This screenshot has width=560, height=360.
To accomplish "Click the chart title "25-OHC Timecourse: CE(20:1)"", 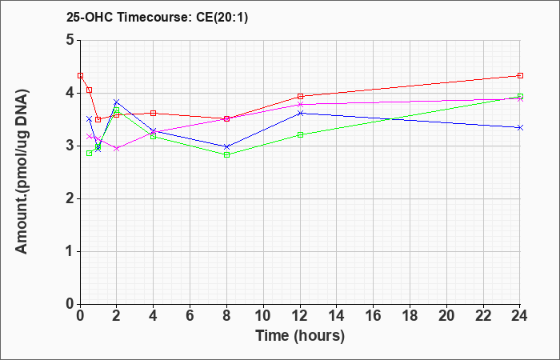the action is click(x=157, y=17).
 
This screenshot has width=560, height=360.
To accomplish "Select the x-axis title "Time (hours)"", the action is click(x=300, y=336).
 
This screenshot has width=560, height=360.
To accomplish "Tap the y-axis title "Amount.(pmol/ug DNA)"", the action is click(x=22, y=171).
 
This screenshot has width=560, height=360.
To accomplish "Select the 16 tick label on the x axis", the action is click(x=374, y=315).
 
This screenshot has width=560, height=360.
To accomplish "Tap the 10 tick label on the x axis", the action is click(x=263, y=315).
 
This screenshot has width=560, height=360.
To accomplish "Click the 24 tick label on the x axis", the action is click(x=519, y=315).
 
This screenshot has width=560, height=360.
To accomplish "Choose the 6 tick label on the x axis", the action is click(x=190, y=315).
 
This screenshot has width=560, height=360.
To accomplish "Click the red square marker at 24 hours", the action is click(x=520, y=76).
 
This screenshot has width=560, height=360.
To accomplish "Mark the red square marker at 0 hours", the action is click(x=81, y=76).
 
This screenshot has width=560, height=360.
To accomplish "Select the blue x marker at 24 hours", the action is click(x=520, y=127).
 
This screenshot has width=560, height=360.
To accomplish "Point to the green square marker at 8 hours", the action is click(x=226, y=155).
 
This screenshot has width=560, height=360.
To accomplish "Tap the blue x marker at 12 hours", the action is click(x=300, y=114).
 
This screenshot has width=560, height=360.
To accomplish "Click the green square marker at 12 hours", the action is click(x=300, y=134).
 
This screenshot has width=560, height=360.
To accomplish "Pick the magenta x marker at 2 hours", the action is click(x=117, y=148).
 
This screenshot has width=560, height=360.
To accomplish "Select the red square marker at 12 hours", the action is click(x=300, y=97).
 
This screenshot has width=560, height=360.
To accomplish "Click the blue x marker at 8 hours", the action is click(x=226, y=146).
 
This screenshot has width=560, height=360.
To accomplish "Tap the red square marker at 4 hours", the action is click(x=154, y=114).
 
